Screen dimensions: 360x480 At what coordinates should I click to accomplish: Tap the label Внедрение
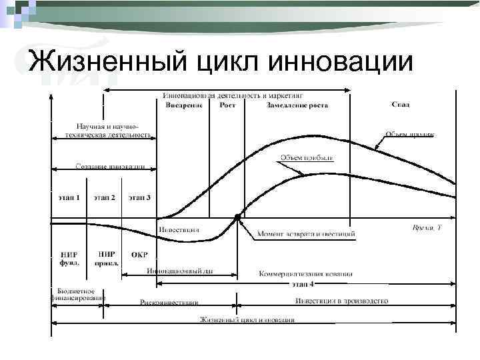click(x=183, y=105)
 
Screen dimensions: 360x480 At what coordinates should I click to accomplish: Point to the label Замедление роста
click(x=297, y=105)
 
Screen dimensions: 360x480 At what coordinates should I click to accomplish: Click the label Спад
click(x=401, y=105)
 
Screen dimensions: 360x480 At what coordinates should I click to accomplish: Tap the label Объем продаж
click(x=409, y=134)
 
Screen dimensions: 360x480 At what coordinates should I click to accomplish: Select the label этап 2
click(x=104, y=197)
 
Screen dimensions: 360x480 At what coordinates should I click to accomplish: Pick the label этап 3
click(x=139, y=197)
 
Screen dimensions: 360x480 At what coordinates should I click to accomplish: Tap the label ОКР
click(x=139, y=255)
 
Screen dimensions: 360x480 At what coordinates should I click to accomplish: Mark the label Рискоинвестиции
click(x=169, y=302)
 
